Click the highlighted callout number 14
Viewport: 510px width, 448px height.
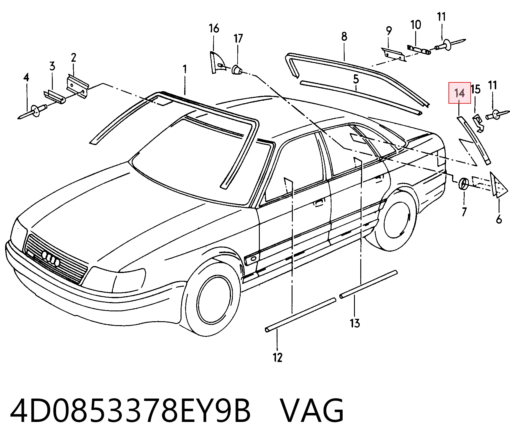[x=459, y=93]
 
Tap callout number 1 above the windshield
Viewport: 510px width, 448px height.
[x=185, y=70]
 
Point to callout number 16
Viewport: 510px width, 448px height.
[x=214, y=28]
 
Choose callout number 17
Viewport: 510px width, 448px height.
[x=238, y=38]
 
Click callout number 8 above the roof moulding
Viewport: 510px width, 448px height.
[x=344, y=37]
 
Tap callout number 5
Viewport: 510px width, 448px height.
[x=356, y=79]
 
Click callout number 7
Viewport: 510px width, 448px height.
[x=464, y=212]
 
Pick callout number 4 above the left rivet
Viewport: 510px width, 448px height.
[x=26, y=78]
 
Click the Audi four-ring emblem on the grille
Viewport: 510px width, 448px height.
[x=51, y=257]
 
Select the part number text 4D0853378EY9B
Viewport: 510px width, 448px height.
[x=130, y=411]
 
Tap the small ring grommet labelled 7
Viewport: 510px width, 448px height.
[x=463, y=183]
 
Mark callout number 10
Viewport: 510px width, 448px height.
[x=415, y=25]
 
